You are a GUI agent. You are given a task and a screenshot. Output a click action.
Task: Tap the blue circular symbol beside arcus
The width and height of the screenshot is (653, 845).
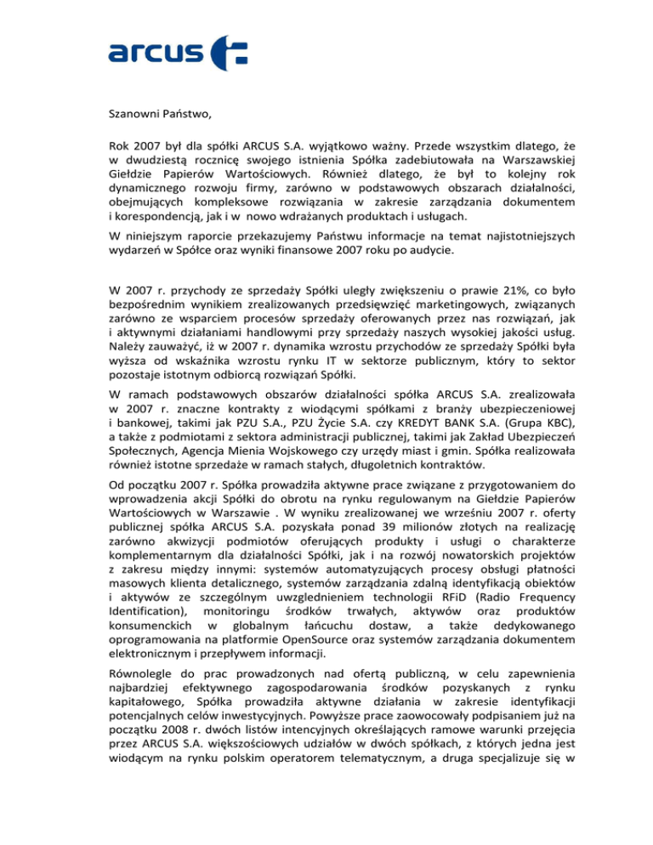(x=228, y=52)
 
